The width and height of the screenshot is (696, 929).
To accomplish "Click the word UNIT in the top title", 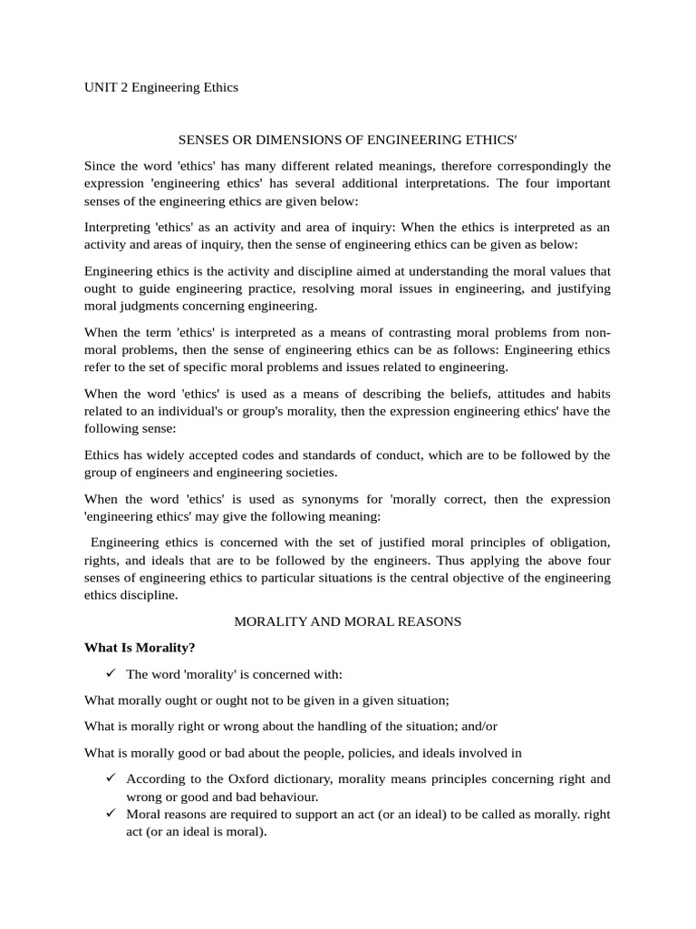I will click(99, 87).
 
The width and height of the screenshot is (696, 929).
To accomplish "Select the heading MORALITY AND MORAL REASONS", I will click(348, 621).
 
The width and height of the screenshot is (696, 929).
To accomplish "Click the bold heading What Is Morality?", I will click(140, 648).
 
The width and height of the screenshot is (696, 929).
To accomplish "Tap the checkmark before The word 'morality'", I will click(111, 674).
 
